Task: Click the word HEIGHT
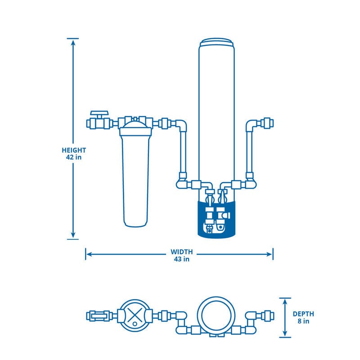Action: click(x=74, y=150)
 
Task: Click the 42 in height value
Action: click(x=74, y=157)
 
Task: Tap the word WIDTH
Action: click(x=182, y=252)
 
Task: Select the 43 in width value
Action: click(x=182, y=259)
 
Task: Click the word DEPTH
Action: click(x=303, y=314)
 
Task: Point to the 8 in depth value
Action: click(x=303, y=321)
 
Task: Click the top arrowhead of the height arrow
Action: click(x=73, y=43)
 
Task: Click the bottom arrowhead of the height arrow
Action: click(x=73, y=234)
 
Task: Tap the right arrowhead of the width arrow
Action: click(x=269, y=254)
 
